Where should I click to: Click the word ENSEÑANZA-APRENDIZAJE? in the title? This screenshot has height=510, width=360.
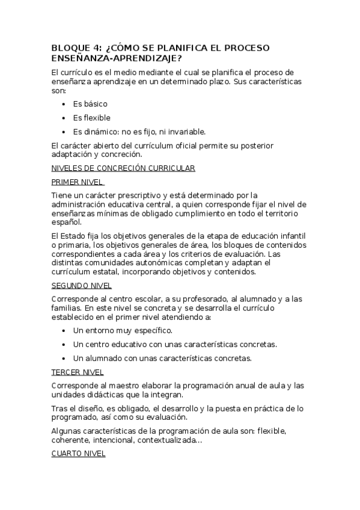(117, 58)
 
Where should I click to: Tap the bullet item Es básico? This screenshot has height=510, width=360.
(90, 104)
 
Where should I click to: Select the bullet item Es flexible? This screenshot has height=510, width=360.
(91, 118)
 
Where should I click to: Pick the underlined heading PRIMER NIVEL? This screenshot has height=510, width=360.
(78, 182)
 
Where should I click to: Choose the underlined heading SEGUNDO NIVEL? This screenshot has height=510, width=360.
(81, 286)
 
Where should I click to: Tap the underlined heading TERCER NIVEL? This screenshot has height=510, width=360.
(78, 372)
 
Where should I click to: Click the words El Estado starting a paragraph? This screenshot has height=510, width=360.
(66, 236)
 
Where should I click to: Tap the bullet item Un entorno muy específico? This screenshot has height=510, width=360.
(123, 331)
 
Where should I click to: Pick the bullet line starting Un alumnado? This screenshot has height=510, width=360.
(162, 358)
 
